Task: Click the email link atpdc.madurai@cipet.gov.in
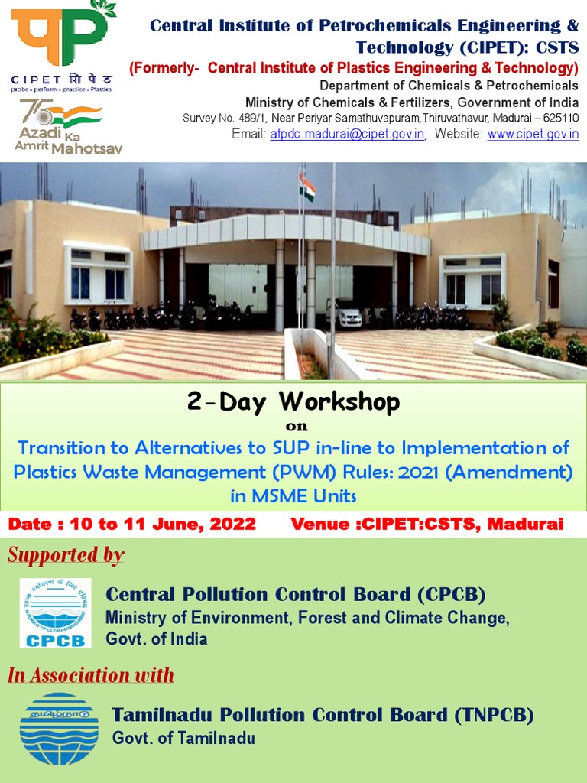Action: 347,135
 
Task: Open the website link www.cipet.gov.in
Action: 533,135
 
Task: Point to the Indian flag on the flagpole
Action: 308,187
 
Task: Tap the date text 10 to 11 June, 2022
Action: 162,525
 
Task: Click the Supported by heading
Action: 66,555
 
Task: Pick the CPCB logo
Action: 55,613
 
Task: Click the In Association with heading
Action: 91,675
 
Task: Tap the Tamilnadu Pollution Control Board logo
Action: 59,728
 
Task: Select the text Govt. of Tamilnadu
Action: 183,739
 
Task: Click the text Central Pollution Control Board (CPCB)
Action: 296,595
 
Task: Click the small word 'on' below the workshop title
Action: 293,426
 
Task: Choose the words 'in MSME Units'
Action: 293,495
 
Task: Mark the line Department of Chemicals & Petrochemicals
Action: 449,86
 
